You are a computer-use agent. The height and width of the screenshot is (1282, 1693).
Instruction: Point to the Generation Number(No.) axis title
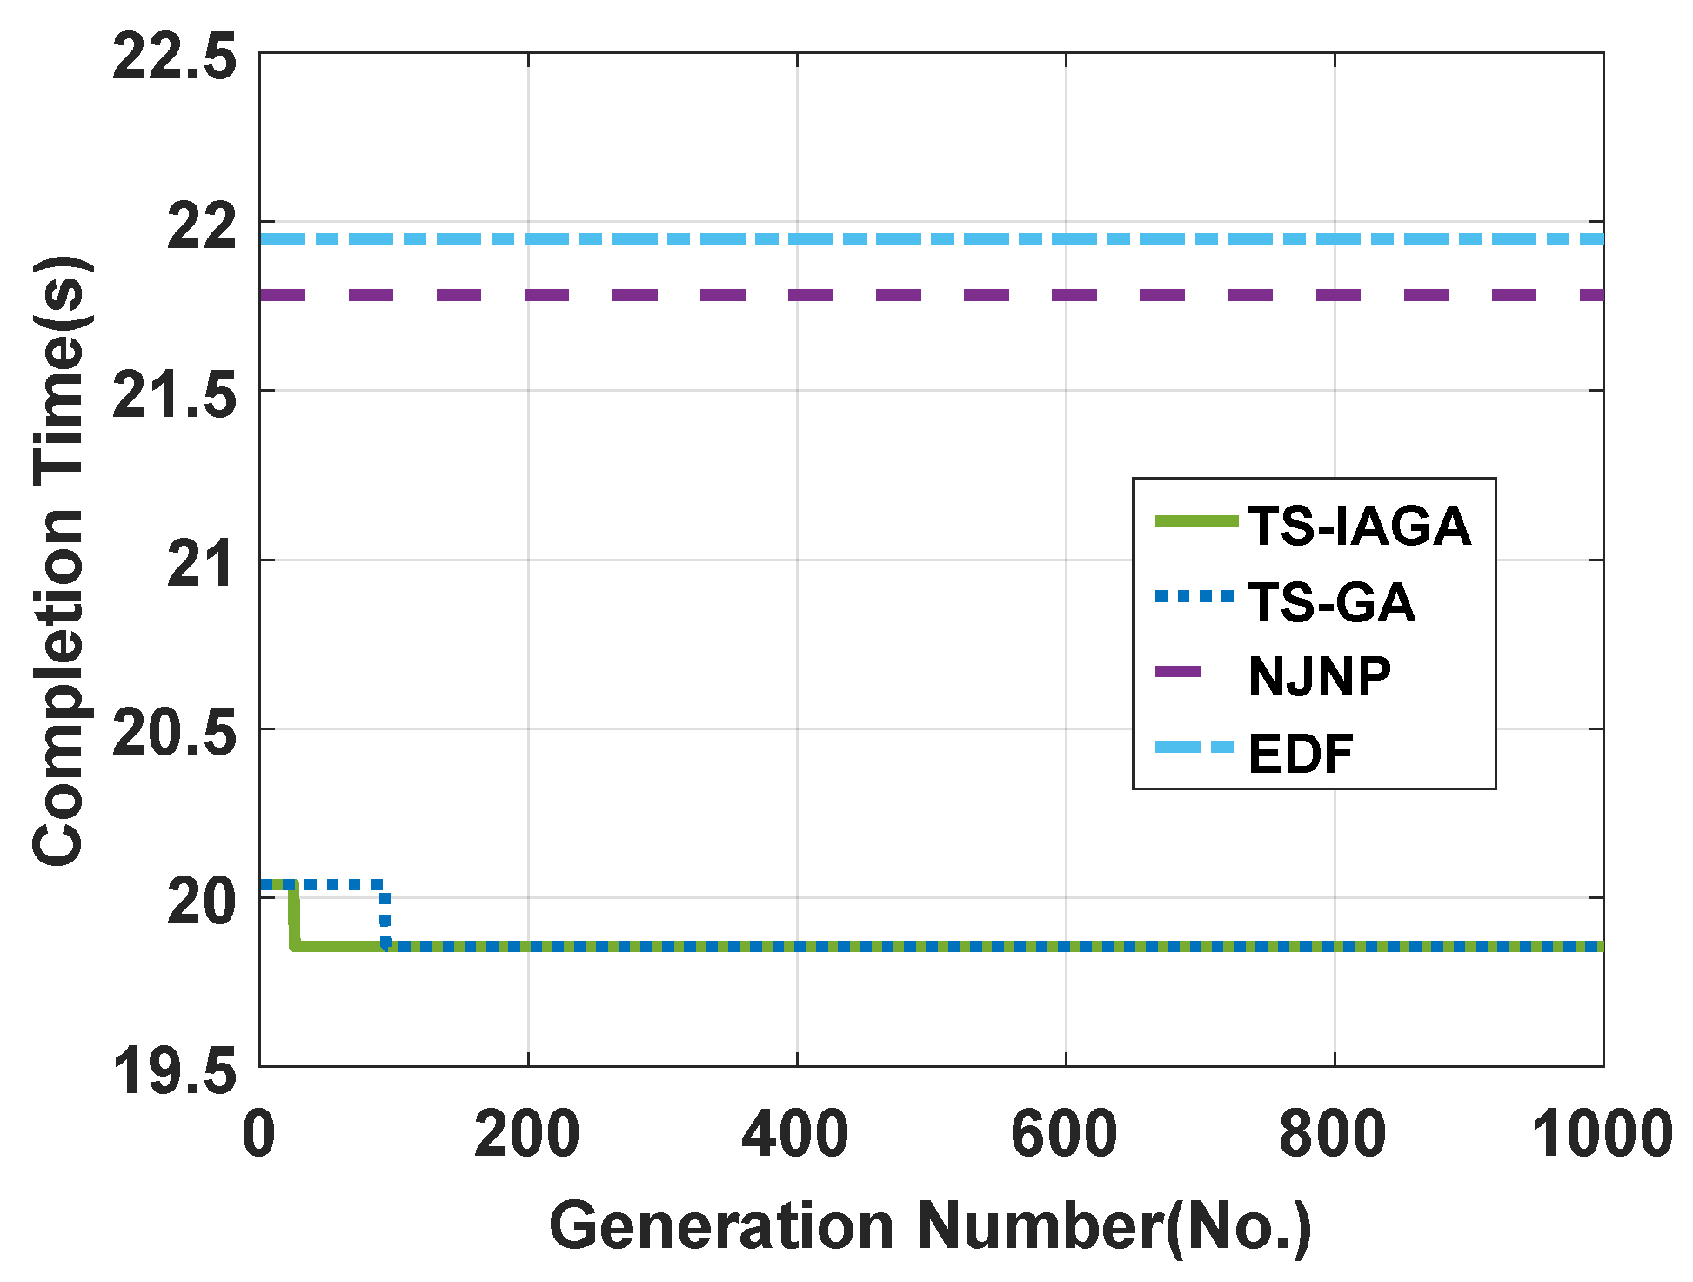pos(930,1225)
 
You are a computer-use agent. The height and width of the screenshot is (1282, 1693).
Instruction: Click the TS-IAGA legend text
pos(1359,527)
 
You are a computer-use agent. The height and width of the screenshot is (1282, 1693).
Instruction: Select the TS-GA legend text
pos(1331,602)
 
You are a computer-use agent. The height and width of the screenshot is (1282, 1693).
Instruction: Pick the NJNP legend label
pos(1319,676)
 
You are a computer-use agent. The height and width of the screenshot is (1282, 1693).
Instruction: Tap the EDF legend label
pos(1300,754)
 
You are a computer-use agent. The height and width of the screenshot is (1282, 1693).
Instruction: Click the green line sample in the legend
pos(1195,521)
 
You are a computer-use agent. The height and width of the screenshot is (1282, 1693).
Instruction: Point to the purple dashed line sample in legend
pos(1178,671)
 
